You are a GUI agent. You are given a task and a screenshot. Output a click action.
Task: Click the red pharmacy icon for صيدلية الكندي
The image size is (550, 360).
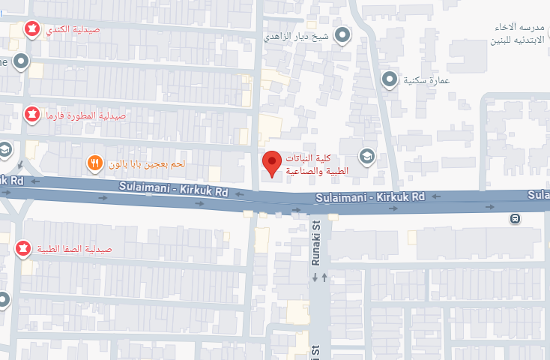32,29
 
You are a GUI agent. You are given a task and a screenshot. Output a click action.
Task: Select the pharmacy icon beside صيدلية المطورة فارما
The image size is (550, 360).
32,115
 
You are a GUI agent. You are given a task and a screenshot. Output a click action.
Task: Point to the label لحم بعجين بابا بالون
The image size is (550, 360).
147,163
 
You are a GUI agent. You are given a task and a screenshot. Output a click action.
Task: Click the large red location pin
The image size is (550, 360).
271,163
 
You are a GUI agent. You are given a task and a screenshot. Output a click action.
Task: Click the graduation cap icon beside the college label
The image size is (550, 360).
366,156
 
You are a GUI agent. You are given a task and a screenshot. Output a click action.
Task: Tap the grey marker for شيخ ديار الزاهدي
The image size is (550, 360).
343,35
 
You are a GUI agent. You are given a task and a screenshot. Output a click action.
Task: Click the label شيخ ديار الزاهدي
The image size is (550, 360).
297,35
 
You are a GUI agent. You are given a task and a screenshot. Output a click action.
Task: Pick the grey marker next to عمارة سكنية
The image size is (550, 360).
390,79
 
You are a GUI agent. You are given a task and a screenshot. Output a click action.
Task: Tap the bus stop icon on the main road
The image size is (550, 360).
516,219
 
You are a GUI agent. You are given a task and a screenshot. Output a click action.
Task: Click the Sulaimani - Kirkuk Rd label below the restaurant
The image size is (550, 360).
172,191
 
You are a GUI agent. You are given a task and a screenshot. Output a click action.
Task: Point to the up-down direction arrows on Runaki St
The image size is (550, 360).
320,277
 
